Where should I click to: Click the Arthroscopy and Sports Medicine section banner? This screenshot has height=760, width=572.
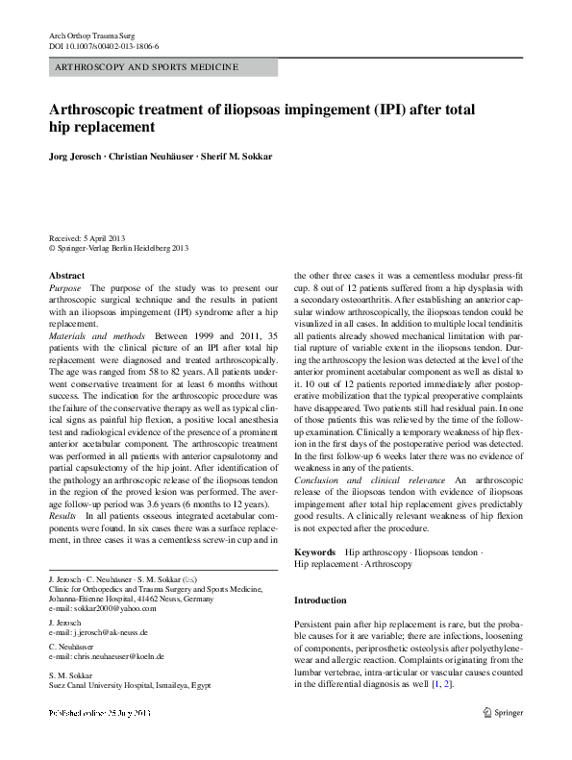tap(162, 68)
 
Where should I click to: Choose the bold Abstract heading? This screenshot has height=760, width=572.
tap(65, 276)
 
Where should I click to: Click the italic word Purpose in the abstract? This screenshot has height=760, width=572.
tap(65, 288)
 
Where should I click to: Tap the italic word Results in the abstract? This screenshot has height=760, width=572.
tap(63, 516)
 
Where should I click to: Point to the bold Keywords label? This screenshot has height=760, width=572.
tap(314, 552)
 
